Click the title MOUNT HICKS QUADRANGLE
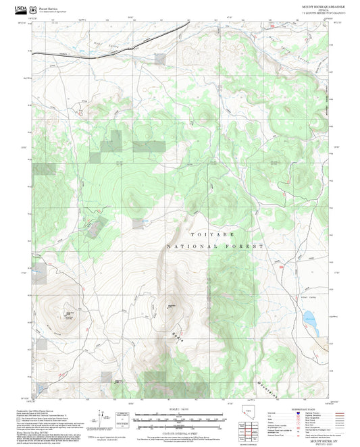(319, 5)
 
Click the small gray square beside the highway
(159, 59)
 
